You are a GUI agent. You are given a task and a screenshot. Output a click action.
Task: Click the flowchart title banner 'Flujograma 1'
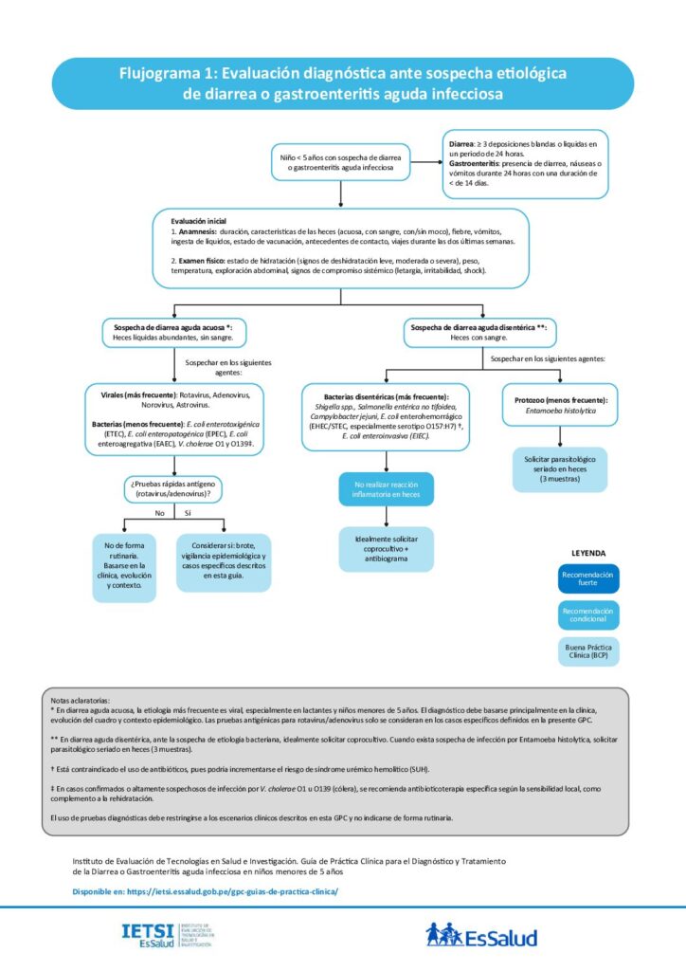click(x=342, y=82)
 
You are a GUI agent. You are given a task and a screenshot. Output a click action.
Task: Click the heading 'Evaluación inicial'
click(x=199, y=221)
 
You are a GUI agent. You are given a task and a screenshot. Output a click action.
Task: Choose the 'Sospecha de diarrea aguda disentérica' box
click(x=478, y=332)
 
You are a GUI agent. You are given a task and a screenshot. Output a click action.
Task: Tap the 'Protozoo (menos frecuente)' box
click(x=560, y=405)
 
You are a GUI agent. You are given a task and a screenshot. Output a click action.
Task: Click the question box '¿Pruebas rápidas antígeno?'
click(x=172, y=488)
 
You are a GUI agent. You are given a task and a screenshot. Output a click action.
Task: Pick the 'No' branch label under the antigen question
click(x=160, y=513)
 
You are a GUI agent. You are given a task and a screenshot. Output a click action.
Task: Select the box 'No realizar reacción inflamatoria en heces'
click(x=386, y=490)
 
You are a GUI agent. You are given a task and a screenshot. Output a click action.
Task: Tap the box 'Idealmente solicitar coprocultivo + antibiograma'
click(x=386, y=549)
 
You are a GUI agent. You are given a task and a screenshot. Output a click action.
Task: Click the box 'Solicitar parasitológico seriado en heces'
click(x=560, y=469)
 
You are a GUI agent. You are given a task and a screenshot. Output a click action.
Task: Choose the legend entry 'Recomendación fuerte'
click(x=587, y=579)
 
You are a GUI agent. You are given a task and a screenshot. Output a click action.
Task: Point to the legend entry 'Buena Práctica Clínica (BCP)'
click(x=587, y=650)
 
